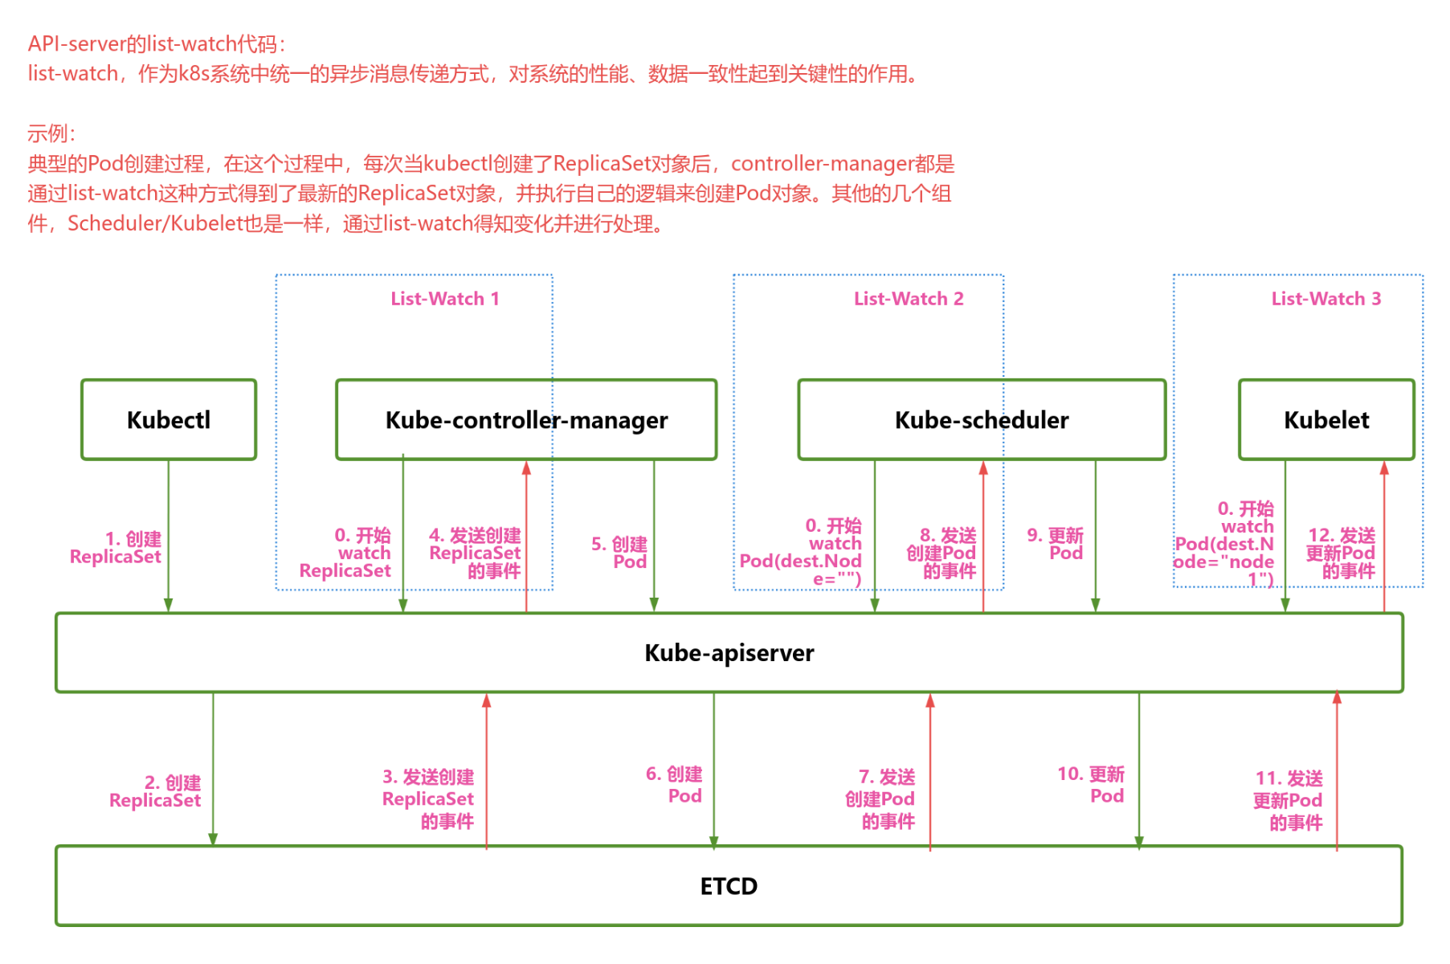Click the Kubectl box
[169, 419]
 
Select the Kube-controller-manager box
[526, 419]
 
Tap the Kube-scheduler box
[982, 419]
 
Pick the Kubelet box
[1326, 419]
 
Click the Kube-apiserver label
[729, 652]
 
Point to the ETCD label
[729, 886]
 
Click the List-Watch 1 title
[445, 299]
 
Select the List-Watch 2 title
[909, 299]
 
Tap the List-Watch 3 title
[1325, 299]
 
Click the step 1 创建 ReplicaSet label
[117, 548]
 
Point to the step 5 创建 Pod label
[620, 553]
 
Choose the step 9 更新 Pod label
[1056, 544]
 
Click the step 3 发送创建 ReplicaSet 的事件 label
[429, 799]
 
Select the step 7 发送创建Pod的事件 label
[881, 799]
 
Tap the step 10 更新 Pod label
[1093, 785]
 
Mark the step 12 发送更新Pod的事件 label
[1342, 553]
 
